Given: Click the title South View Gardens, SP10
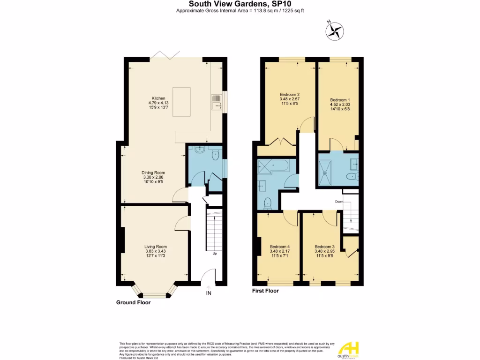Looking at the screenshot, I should pyautogui.click(x=240, y=4).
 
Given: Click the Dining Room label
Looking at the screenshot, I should pyautogui.click(x=154, y=172).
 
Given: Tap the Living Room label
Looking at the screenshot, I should pyautogui.click(x=156, y=247).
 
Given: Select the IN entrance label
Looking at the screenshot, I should pyautogui.click(x=209, y=294).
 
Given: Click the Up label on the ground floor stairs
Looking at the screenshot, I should pyautogui.click(x=215, y=254).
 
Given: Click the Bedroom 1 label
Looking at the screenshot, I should pyautogui.click(x=339, y=100).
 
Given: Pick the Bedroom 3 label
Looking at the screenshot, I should pyautogui.click(x=324, y=247).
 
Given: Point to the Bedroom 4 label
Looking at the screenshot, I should pyautogui.click(x=280, y=247).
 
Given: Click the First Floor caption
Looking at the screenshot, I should pyautogui.click(x=265, y=291).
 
